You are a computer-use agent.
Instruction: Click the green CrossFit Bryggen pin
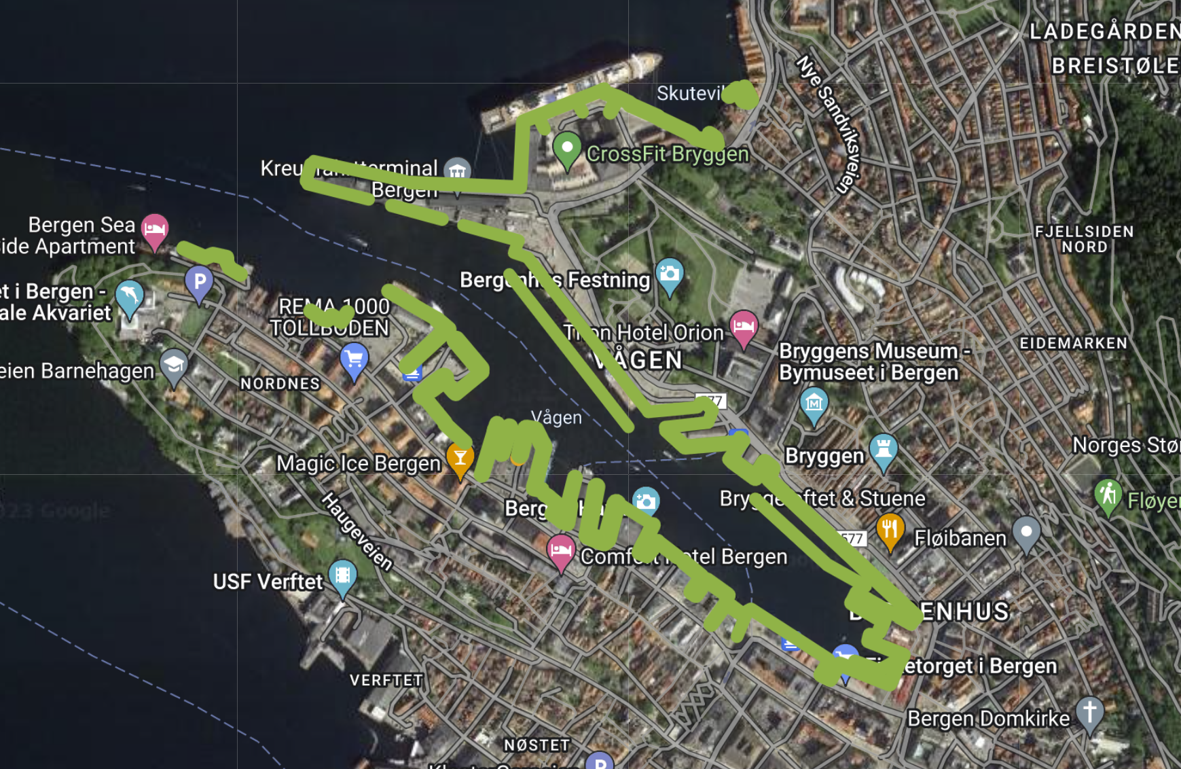pos(567,147)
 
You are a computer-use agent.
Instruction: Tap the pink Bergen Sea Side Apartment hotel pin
pos(155,229)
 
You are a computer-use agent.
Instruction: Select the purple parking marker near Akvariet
pos(199,281)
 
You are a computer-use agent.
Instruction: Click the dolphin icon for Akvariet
pos(129,296)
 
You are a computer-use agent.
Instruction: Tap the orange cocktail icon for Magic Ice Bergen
pos(460,459)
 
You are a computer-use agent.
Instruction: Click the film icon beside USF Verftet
pos(342,576)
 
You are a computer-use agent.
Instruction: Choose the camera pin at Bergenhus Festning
pos(670,274)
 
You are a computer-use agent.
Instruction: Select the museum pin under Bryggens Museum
pos(814,404)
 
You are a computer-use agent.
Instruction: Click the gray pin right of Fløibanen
pos(1026,532)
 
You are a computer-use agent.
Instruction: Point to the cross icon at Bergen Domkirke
pos(1089,713)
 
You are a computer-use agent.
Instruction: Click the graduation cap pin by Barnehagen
pos(174,365)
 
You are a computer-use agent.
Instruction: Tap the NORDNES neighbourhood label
pos(280,384)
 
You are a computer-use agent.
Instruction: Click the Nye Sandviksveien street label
pos(830,124)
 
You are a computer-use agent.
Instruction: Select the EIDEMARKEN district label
pos(1073,344)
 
